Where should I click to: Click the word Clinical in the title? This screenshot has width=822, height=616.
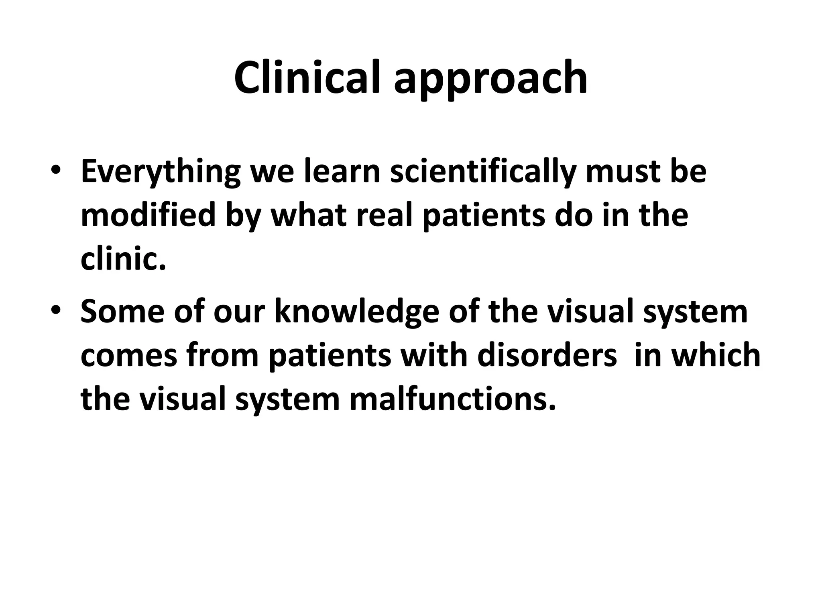[307, 78]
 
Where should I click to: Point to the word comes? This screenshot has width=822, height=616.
[129, 356]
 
